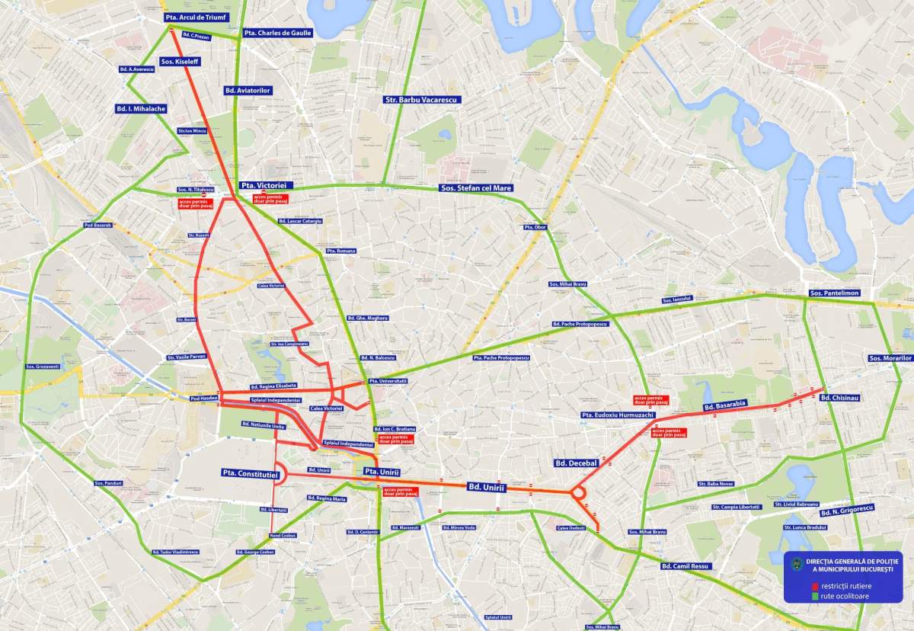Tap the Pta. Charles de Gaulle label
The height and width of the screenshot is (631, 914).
[x=277, y=34]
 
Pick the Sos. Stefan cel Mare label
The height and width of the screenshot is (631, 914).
[x=476, y=187]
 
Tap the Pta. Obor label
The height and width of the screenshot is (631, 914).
[x=535, y=227]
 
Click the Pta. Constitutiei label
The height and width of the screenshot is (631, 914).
[x=251, y=473]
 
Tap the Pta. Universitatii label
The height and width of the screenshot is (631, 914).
[x=388, y=380]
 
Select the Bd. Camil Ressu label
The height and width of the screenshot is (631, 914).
[x=685, y=566]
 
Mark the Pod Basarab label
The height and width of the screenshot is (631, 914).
[x=97, y=226]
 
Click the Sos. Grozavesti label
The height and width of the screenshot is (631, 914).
[x=42, y=367]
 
